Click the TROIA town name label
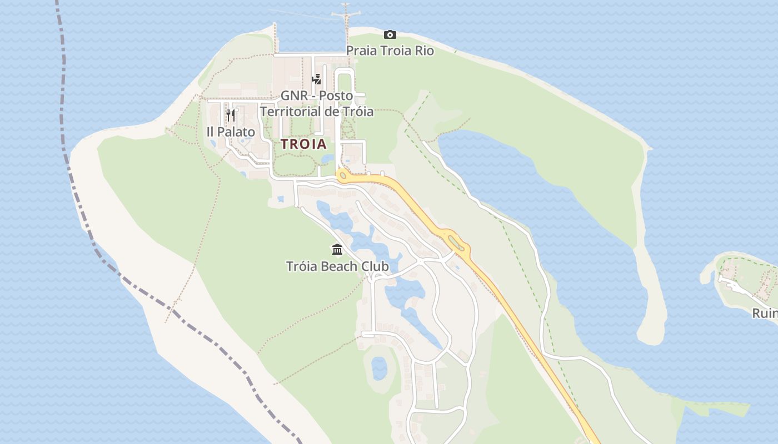pyautogui.click(x=303, y=144)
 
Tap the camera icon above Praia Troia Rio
pyautogui.click(x=390, y=34)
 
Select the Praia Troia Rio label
pyautogui.click(x=390, y=51)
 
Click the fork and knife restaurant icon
pyautogui.click(x=231, y=115)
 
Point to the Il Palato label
pyautogui.click(x=231, y=132)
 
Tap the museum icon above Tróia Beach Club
pyautogui.click(x=337, y=249)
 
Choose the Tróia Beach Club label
pyautogui.click(x=337, y=266)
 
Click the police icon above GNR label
pyautogui.click(x=316, y=79)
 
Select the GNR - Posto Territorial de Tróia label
pyautogui.click(x=317, y=103)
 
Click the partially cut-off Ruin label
pyautogui.click(x=765, y=314)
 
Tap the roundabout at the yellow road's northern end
pyautogui.click(x=342, y=176)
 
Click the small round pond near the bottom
pyautogui.click(x=379, y=367)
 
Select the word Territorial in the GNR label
pyautogui.click(x=291, y=112)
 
